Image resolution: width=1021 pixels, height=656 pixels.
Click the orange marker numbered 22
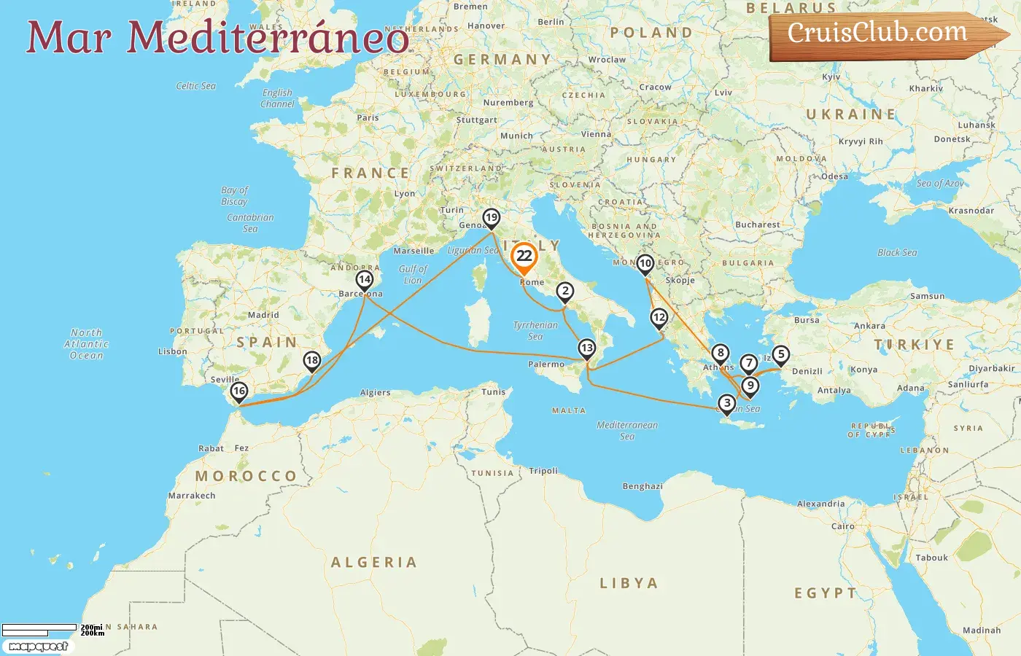pos(524,257)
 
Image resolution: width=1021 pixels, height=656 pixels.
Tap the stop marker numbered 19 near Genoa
pos(492,218)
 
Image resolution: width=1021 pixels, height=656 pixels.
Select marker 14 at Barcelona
pos(365,280)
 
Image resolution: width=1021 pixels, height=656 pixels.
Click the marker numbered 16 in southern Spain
pos(239,391)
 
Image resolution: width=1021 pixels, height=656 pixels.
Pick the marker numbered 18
pos(312,361)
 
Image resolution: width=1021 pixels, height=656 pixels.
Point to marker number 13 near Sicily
pos(587,348)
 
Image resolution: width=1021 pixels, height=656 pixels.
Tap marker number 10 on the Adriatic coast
pos(645,264)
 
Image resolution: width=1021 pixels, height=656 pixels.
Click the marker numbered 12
pos(659,318)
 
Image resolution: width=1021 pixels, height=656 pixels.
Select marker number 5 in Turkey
pos(781,355)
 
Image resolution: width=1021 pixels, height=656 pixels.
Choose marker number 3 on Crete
pos(727,404)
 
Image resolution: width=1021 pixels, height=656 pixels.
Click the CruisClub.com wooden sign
pos(882,34)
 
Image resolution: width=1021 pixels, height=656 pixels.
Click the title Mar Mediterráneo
pos(217,38)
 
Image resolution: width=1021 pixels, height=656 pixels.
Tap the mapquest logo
pos(38,647)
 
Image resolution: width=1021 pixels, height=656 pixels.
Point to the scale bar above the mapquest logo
pos(39,630)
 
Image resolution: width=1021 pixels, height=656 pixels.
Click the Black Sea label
pos(897,253)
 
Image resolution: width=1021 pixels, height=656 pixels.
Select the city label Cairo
pos(843,526)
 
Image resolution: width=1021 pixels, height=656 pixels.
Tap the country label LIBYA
pos(629,583)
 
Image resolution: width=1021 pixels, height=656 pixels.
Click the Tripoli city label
pos(543,471)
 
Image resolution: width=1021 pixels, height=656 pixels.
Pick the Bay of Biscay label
pos(235,195)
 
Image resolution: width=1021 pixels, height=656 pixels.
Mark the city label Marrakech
pos(192,496)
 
